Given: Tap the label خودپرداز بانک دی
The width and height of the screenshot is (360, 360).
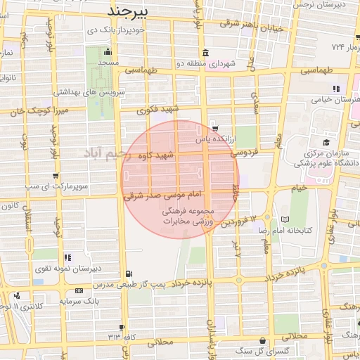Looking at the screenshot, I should [x=112, y=31].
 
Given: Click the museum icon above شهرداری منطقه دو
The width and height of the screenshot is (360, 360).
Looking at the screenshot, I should [x=205, y=53].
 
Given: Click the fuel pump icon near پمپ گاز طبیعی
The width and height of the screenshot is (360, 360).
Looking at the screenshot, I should [x=127, y=274].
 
